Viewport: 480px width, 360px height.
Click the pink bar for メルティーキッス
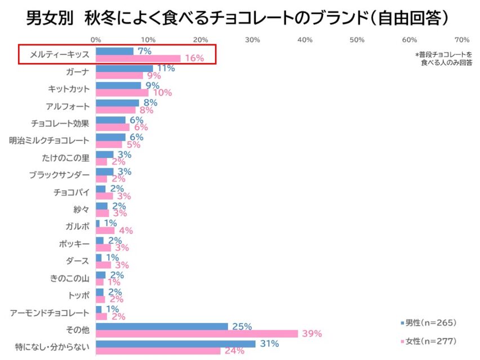(138, 58)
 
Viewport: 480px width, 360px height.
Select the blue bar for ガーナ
(124, 69)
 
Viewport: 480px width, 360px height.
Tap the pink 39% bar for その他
(196, 334)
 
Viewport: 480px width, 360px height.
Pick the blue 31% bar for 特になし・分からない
(176, 344)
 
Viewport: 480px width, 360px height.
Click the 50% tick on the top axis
(357, 40)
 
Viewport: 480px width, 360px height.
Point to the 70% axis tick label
(461, 40)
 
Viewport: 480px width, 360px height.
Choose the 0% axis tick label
(96, 40)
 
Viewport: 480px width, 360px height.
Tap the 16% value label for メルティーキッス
(194, 58)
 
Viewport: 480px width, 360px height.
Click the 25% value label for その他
(242, 326)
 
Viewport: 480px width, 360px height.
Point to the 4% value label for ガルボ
(125, 231)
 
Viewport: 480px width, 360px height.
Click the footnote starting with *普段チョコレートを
(443, 58)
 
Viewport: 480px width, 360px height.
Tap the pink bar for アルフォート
(116, 110)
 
